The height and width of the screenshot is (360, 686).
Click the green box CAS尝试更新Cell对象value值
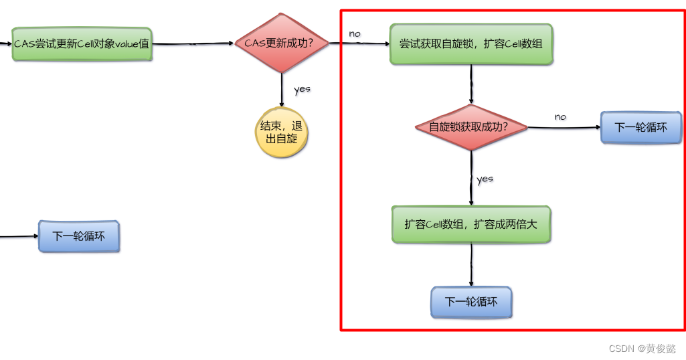coord(82,44)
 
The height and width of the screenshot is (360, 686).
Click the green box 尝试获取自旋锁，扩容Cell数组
coord(471,44)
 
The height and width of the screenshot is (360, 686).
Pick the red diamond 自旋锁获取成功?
coord(470,126)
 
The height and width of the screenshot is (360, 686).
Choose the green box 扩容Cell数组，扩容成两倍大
coord(470,224)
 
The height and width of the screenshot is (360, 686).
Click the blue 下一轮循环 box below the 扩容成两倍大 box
coord(471,302)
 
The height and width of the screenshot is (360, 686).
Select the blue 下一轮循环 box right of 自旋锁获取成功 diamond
coord(640,127)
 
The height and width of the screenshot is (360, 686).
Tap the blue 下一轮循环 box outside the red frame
coord(78,236)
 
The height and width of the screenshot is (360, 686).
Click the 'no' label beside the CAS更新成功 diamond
coord(355,33)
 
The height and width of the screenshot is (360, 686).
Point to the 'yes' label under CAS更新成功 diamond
coord(302,89)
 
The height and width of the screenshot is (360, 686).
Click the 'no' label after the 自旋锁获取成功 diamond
coord(560,116)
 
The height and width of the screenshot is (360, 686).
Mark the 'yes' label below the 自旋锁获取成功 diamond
coord(485,179)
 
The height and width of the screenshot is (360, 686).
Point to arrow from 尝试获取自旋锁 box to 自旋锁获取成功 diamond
coord(471,84)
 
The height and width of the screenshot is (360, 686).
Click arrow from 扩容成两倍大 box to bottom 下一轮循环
coord(471,265)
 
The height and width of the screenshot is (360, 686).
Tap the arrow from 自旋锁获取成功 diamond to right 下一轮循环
coord(564,127)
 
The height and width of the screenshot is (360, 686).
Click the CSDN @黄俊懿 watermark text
coord(642,349)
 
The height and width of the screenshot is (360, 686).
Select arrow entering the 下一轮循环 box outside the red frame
coord(20,236)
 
